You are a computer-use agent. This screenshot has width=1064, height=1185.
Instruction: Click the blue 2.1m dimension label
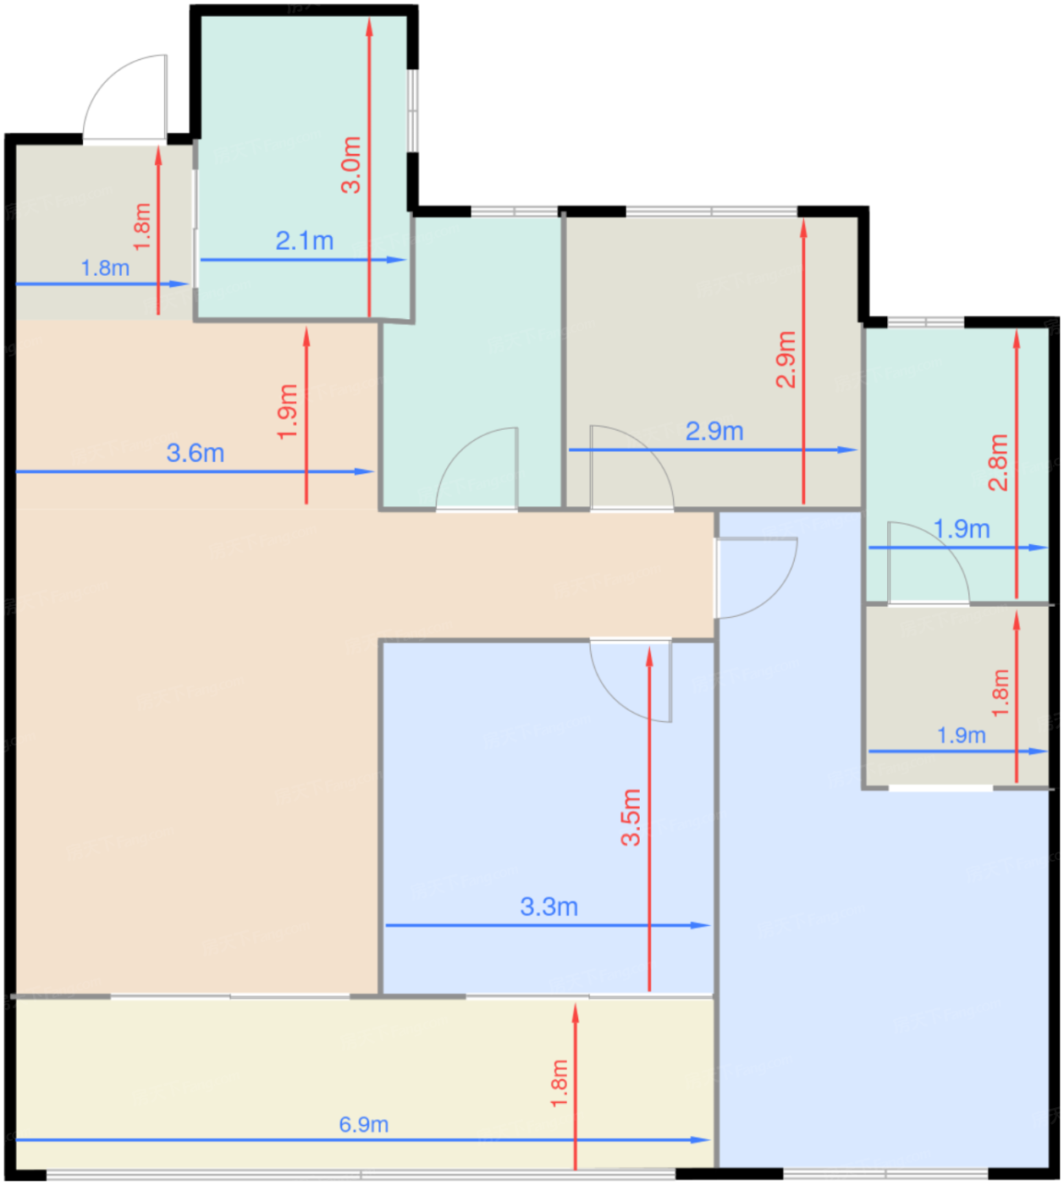coord(304,241)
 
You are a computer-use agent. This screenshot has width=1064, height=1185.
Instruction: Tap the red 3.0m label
coord(351,164)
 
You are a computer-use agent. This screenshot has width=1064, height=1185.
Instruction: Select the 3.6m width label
coord(196,454)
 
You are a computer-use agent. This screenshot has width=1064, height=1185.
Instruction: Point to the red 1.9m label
coord(288,411)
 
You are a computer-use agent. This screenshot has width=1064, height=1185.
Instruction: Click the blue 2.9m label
coord(714,432)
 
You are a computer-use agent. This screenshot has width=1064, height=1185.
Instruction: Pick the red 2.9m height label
coord(786,359)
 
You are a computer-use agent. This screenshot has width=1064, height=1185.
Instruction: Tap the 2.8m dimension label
coord(998,462)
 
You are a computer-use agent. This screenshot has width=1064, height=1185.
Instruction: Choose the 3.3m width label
coord(549,907)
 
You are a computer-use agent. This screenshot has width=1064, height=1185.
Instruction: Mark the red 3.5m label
coord(631,817)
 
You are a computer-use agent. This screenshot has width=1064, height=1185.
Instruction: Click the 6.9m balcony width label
coord(363,1124)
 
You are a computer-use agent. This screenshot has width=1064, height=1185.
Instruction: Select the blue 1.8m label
coord(105,267)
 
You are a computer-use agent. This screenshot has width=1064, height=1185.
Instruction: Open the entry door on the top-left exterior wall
coord(124,97)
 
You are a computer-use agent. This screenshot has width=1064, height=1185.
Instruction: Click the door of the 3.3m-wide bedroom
coord(631,681)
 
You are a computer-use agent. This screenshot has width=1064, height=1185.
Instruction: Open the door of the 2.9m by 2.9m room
coord(631,467)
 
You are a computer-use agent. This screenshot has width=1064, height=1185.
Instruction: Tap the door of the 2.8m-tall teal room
coord(929,562)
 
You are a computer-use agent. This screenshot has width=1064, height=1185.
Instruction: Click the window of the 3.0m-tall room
coord(412,111)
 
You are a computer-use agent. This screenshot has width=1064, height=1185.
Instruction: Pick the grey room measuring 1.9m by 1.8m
coord(957,697)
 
